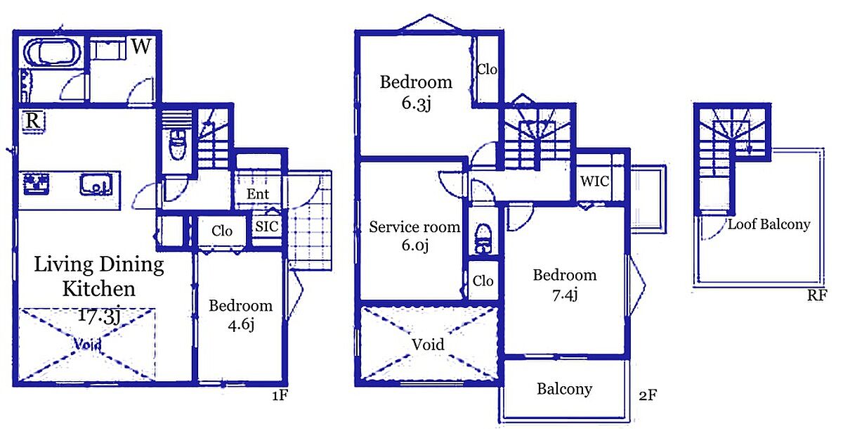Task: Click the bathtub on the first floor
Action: [52, 53]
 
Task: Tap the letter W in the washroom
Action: [141, 46]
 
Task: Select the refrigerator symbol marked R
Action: [33, 121]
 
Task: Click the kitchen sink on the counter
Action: [96, 184]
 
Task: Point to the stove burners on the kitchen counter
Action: [37, 184]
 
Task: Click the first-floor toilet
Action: [178, 145]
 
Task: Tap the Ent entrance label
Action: [258, 194]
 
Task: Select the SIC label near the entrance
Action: [266, 226]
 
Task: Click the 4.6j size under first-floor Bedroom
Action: [241, 324]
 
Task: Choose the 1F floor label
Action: [280, 395]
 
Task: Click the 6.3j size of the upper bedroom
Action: [416, 103]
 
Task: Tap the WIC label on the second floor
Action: [594, 181]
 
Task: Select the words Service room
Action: [414, 226]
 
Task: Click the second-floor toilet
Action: [483, 238]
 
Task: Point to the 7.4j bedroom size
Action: [565, 295]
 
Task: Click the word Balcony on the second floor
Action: [565, 389]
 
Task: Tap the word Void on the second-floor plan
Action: [428, 344]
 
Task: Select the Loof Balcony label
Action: [769, 224]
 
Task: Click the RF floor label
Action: [817, 295]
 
